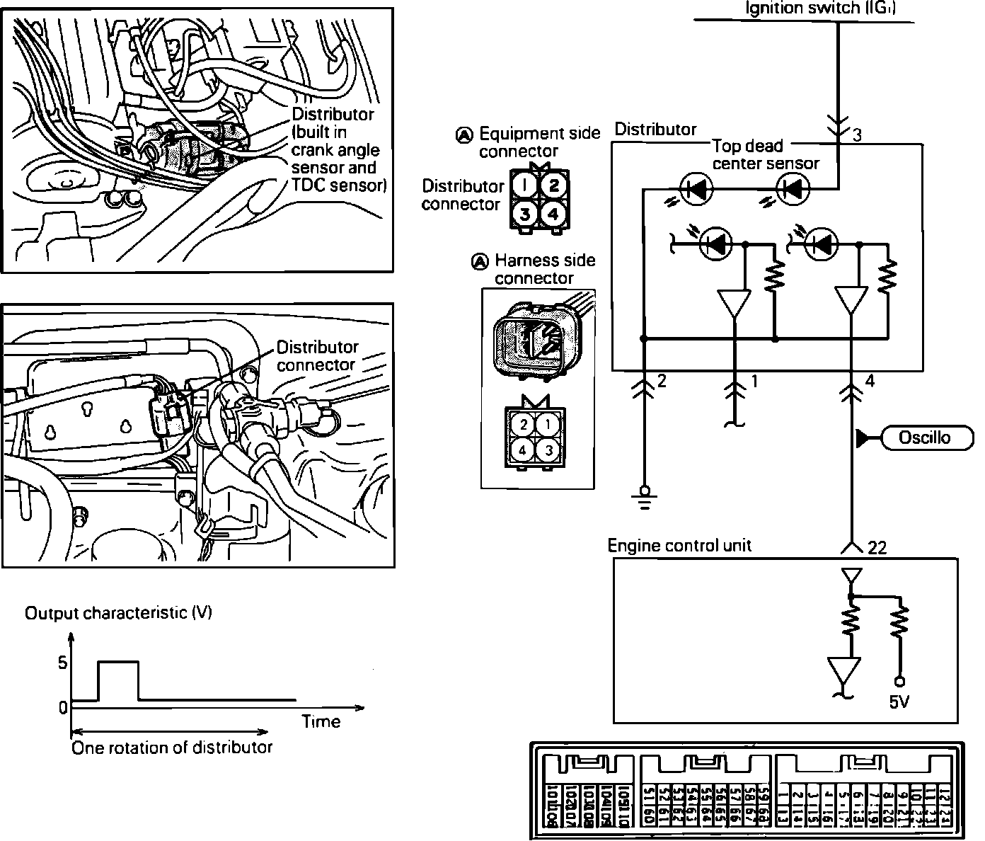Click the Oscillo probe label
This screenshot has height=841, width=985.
(x=924, y=438)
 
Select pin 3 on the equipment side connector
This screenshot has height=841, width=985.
(x=524, y=213)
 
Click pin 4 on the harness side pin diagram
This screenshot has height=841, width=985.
(x=523, y=450)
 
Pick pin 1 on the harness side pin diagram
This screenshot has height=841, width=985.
(x=547, y=425)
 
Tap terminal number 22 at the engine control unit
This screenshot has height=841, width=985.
(x=877, y=549)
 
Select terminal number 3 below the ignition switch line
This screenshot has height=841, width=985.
(x=857, y=135)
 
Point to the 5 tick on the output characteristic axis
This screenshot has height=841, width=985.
(x=62, y=663)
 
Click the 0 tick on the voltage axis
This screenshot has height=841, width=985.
(x=63, y=707)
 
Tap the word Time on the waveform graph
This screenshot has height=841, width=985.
(x=321, y=721)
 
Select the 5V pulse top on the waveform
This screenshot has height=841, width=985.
(x=117, y=662)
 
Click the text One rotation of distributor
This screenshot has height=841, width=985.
(x=172, y=748)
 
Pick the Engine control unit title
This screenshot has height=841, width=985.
(x=679, y=546)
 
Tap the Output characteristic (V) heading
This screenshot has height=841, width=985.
(x=118, y=613)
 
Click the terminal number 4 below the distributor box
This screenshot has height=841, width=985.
(x=870, y=382)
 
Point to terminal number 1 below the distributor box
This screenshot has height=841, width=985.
(x=754, y=382)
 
